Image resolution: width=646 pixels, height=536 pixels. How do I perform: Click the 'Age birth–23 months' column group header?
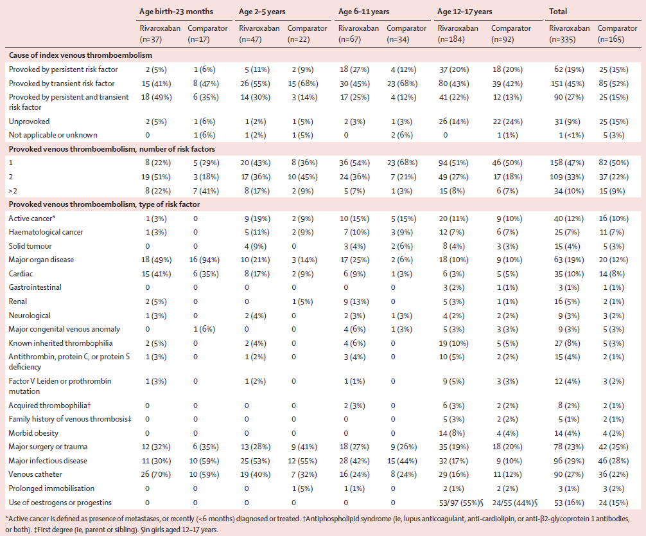click(x=176, y=12)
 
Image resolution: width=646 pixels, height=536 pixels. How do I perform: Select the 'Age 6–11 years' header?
click(x=363, y=12)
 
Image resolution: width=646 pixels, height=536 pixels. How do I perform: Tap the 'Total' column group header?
click(x=558, y=12)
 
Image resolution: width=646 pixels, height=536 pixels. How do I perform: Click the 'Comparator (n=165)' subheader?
click(x=617, y=34)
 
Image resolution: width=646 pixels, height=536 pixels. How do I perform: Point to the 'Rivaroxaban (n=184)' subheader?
click(x=458, y=34)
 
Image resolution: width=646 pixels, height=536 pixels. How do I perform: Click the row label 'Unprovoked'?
click(x=30, y=121)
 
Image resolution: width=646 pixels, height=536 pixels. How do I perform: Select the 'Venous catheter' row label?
click(x=35, y=474)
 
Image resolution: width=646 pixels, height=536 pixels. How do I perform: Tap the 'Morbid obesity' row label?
click(x=33, y=433)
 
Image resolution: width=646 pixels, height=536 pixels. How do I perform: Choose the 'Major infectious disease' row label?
click(x=48, y=461)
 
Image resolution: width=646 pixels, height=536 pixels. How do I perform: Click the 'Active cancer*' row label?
click(x=31, y=219)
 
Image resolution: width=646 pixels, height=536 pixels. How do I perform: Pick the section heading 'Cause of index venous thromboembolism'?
click(x=80, y=55)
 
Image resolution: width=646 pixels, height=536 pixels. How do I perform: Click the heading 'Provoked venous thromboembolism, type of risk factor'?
click(x=104, y=204)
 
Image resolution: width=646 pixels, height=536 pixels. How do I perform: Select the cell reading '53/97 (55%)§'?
click(x=460, y=503)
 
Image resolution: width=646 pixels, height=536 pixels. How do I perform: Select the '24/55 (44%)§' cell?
click(x=514, y=503)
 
